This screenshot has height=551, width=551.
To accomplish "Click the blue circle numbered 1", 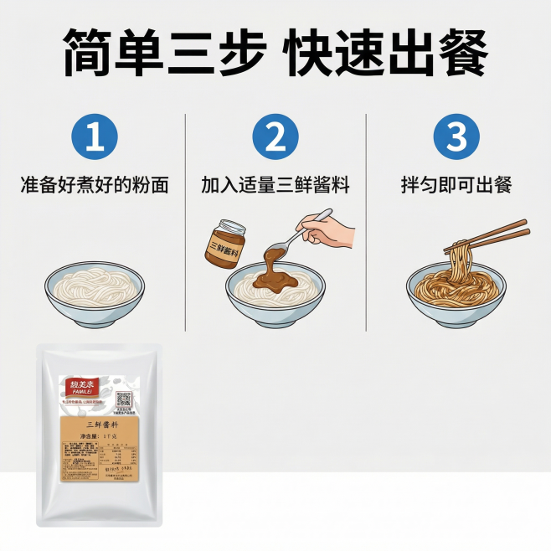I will click(95, 136).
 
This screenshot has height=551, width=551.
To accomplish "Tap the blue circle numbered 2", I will click(275, 136).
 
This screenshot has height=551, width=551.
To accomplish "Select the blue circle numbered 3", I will click(456, 136).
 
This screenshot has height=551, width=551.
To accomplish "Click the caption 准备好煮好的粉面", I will click(95, 185).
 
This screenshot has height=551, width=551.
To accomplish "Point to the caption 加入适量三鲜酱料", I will click(275, 185).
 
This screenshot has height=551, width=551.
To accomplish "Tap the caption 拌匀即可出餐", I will click(456, 185).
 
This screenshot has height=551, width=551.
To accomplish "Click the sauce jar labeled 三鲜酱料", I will click(224, 245).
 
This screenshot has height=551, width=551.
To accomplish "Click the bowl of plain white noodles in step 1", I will click(95, 289).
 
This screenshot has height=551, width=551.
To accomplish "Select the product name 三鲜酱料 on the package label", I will click(99, 425).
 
